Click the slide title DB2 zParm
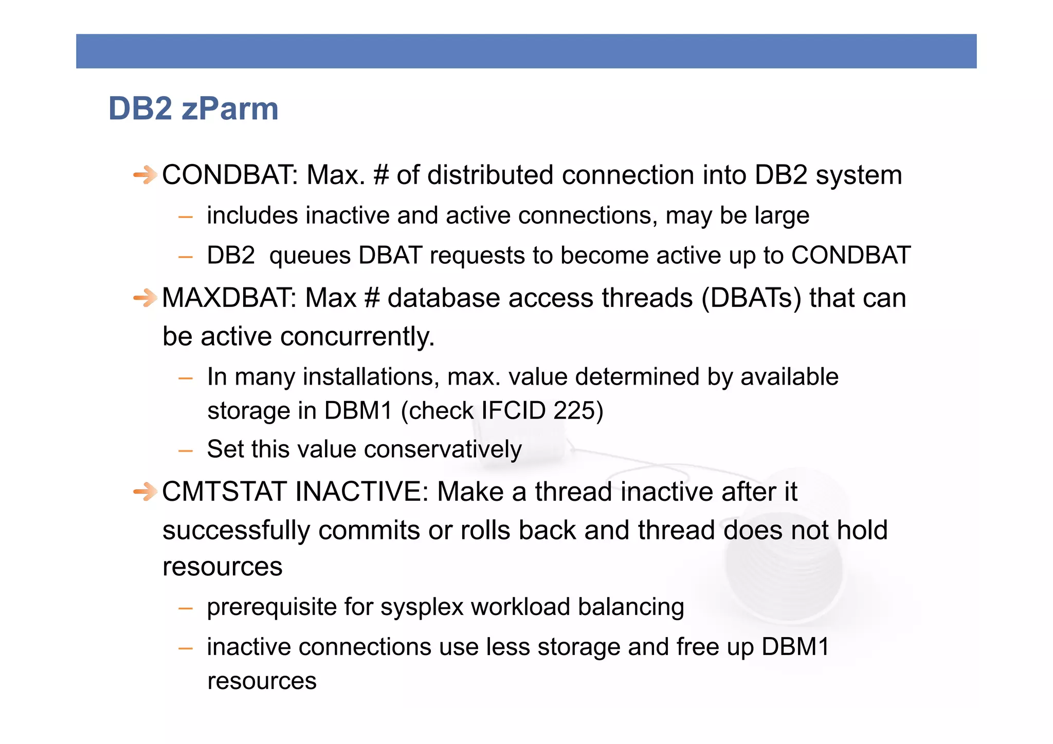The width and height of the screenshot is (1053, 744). click(193, 108)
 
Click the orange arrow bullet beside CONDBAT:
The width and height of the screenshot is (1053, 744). click(145, 175)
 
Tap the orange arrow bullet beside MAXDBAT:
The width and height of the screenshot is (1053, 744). click(145, 298)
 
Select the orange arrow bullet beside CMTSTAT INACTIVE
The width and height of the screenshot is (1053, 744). click(145, 492)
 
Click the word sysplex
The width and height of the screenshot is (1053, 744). click(422, 607)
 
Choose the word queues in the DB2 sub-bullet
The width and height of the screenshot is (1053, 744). click(310, 256)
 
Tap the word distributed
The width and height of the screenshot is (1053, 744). click(490, 175)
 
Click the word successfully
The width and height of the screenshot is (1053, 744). click(236, 530)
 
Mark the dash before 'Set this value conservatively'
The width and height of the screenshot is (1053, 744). click(185, 451)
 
